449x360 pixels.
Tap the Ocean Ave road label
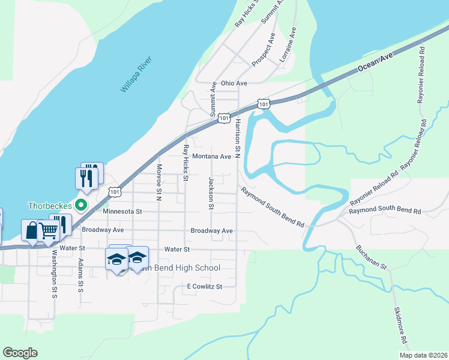375,62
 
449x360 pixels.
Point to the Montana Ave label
211,157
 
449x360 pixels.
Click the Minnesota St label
122,211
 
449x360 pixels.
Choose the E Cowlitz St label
205,286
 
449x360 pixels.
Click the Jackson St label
211,193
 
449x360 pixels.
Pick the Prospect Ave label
264,49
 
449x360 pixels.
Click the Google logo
20,353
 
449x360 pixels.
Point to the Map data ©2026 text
423,355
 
